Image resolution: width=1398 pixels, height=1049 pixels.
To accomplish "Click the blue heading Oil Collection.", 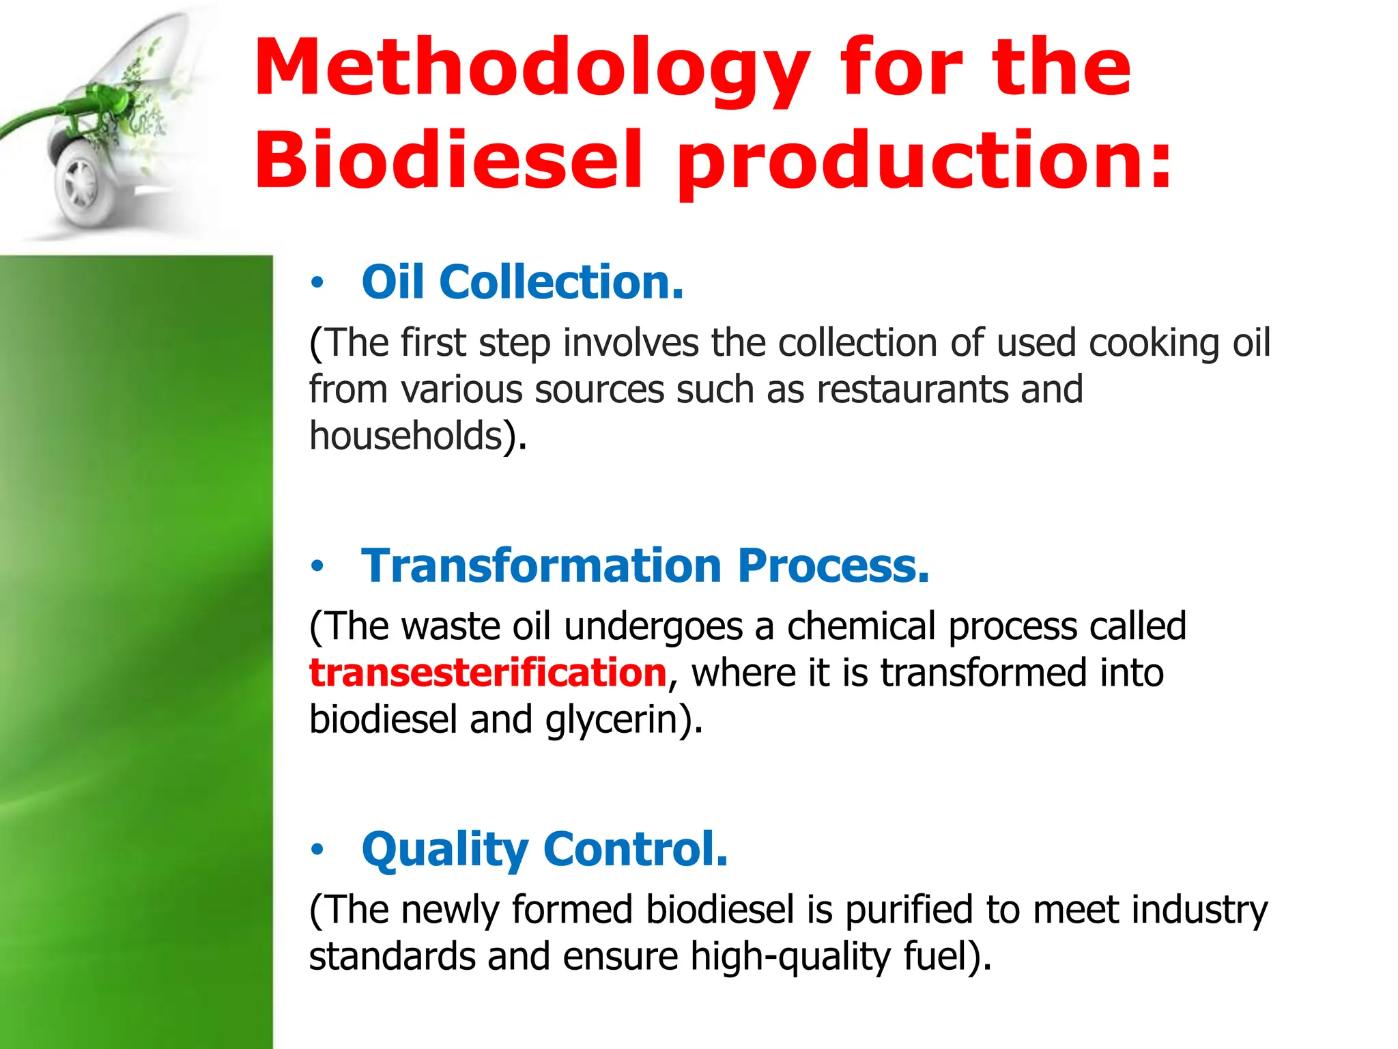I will pos(522,282).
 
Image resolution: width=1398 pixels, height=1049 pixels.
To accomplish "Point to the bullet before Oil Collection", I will pos(316,282).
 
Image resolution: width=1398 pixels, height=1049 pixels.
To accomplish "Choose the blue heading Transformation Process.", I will pos(645,565).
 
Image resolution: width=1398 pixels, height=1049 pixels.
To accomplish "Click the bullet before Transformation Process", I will pos(316,565).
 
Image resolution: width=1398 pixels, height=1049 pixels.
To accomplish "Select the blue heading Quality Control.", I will pos(545,849).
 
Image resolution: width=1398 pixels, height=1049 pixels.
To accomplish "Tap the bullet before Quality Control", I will pos(316,849).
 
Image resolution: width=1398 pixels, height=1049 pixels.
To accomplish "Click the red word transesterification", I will pos(487,673).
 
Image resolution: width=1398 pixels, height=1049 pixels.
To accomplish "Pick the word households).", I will pos(418,436).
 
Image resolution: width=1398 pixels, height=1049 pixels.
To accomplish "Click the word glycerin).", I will pos(623,720).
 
